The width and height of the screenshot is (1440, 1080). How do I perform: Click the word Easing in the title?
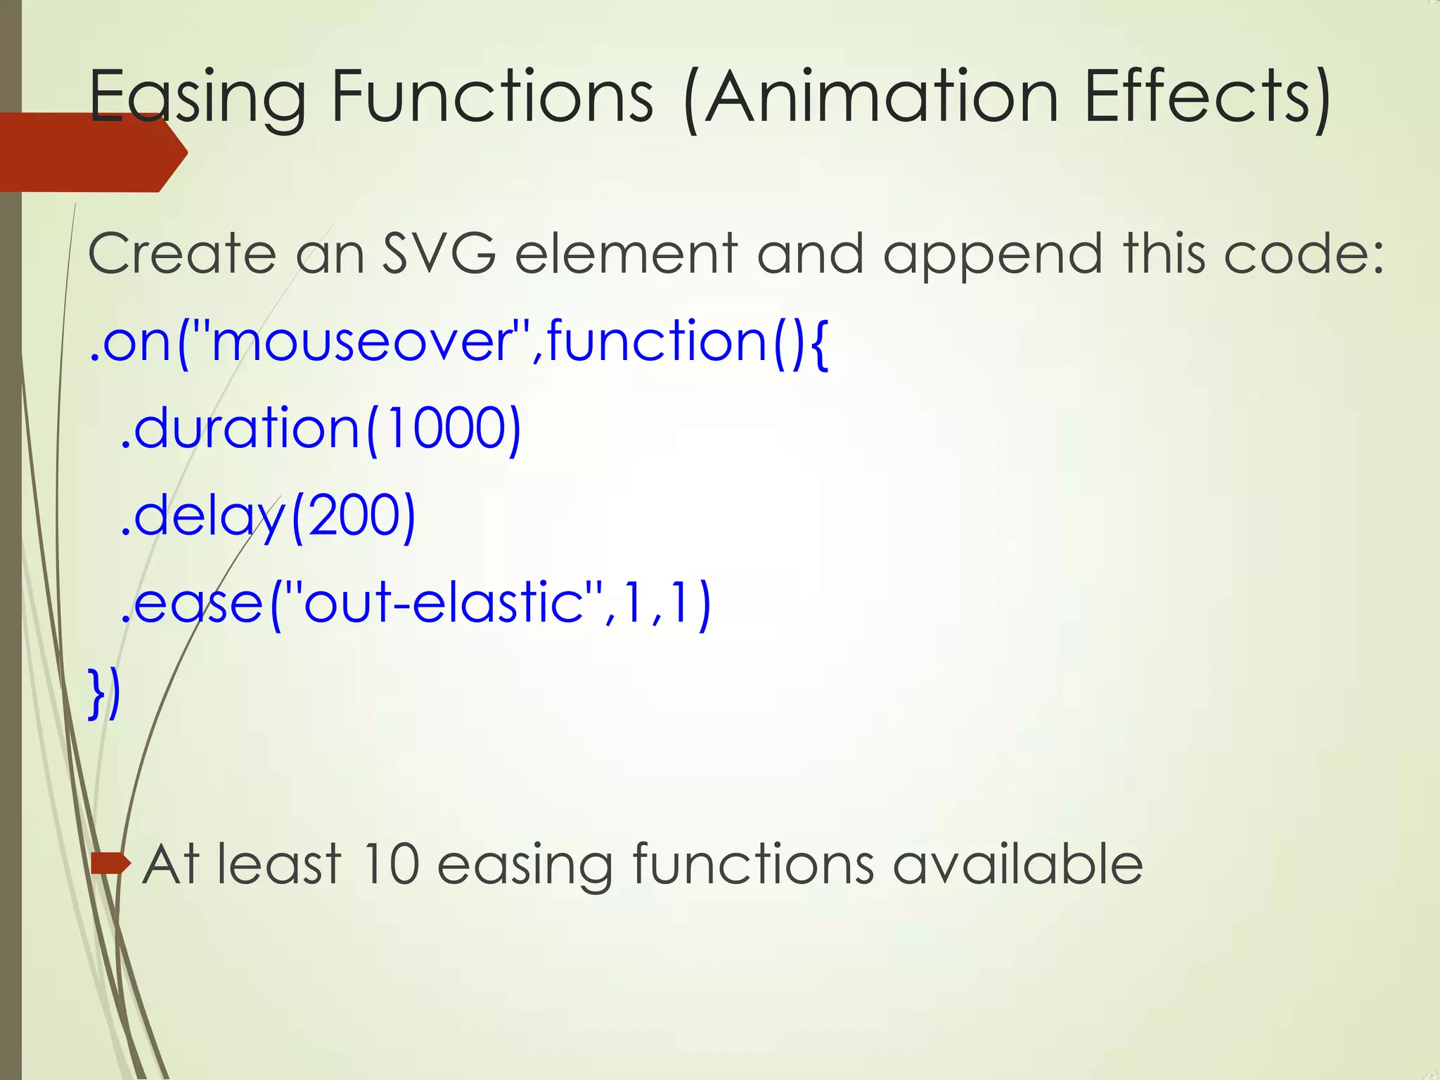198,98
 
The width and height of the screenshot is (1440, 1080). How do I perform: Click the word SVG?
439,254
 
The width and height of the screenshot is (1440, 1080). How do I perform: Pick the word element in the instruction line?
626,254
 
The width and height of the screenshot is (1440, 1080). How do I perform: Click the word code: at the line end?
1304,254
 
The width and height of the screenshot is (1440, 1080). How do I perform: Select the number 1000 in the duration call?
444,428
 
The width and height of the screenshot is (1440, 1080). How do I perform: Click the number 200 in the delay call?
352,515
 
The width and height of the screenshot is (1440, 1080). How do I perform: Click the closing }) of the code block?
105,693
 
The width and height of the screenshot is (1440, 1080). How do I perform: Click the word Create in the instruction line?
182,254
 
